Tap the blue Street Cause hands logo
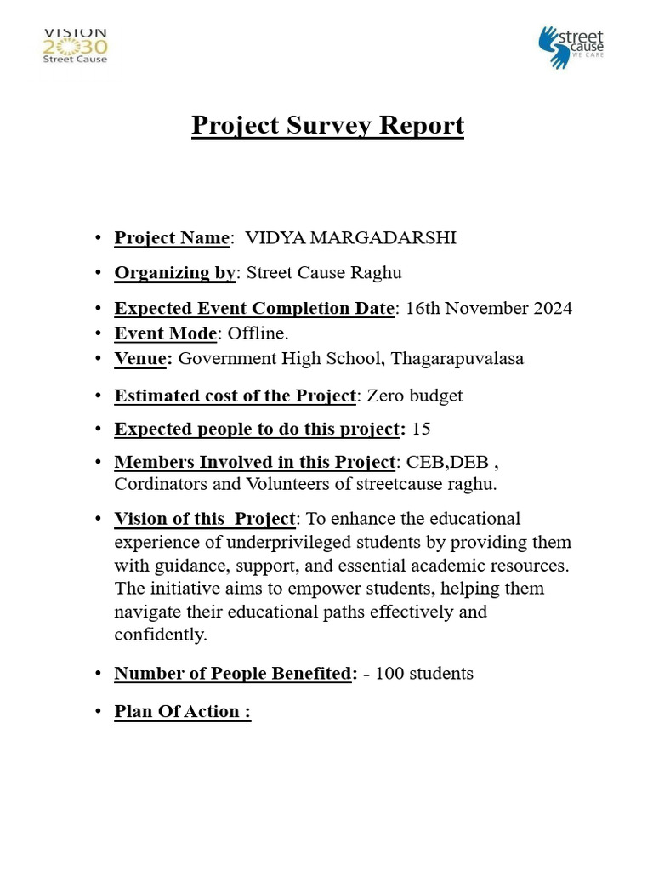[x=571, y=48]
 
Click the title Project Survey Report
[x=327, y=125]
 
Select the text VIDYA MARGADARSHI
[x=350, y=238]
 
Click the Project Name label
[x=172, y=238]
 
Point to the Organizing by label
[x=174, y=273]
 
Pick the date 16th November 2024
[x=489, y=308]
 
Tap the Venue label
[x=141, y=358]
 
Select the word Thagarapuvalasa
[x=457, y=358]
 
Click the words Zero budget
[x=414, y=396]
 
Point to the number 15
[x=421, y=429]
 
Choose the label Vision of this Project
[x=205, y=519]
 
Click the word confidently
[x=160, y=635]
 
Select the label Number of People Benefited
[x=233, y=674]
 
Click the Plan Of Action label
[x=182, y=712]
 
